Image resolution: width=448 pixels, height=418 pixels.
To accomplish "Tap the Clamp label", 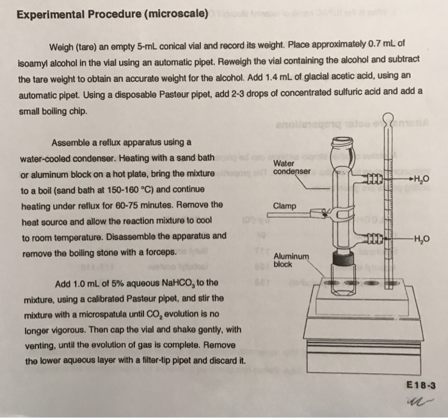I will coord(284,206).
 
